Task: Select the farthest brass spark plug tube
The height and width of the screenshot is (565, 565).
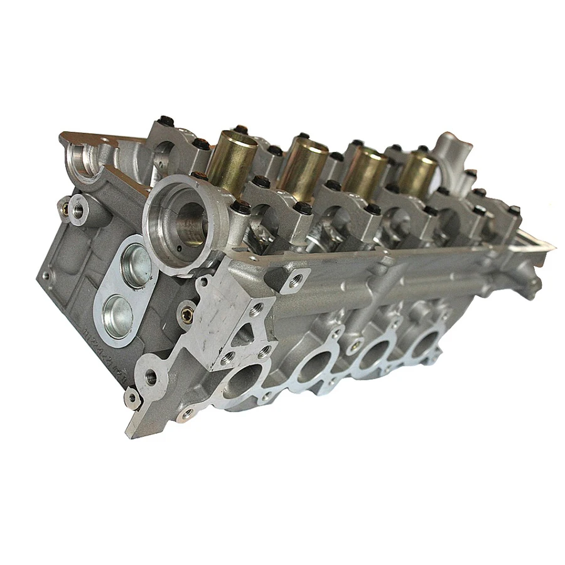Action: [x=418, y=173]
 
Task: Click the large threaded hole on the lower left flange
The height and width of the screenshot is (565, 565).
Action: [x=151, y=377]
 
